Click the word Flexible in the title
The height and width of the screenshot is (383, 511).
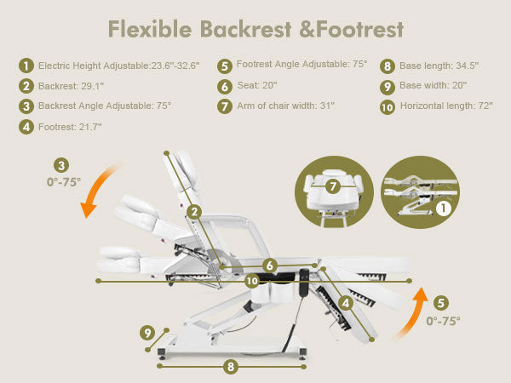coord(150,29)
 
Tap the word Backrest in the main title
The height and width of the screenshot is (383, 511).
coord(246,29)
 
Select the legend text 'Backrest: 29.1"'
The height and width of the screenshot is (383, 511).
coord(71,86)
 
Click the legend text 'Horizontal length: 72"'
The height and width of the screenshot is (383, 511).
coord(446,106)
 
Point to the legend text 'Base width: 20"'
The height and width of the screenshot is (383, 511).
coord(433,85)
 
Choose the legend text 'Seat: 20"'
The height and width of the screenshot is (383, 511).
coord(257,85)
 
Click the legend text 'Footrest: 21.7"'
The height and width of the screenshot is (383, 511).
coord(70,127)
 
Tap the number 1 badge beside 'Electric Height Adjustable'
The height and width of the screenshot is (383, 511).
coord(26,66)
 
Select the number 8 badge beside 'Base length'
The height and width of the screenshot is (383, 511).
coord(388,66)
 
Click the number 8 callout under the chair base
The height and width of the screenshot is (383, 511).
coord(231,367)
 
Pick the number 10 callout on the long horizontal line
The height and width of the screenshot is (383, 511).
coord(252,281)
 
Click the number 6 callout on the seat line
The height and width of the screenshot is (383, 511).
coord(270,266)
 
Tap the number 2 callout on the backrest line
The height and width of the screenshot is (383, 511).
coord(194,212)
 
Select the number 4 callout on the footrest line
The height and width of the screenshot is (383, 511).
coord(346,303)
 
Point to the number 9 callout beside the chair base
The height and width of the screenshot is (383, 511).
coord(147,333)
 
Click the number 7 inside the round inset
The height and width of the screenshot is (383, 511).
coord(333,186)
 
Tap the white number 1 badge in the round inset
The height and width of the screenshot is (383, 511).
coord(443,209)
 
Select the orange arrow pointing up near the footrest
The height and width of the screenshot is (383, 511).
coord(414,311)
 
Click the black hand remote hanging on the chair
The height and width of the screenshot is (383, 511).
coord(304,283)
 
